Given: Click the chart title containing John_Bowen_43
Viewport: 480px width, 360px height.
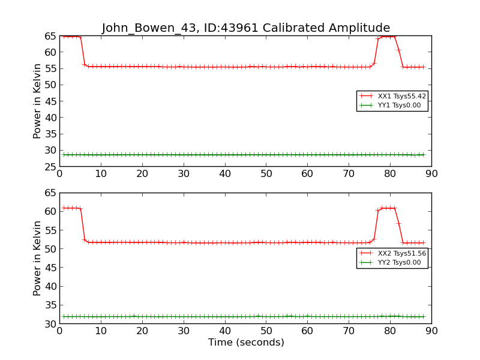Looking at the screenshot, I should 246,28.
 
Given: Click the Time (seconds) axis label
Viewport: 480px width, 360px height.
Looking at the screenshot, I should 246,343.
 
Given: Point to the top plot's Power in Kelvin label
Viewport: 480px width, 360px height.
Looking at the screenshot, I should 38,101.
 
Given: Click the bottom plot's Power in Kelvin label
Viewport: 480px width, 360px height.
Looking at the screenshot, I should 38,258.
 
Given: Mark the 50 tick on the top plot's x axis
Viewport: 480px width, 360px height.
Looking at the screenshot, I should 266,174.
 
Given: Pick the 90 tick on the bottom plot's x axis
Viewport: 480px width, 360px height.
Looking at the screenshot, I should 431,331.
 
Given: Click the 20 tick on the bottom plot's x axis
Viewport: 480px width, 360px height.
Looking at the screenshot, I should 142,331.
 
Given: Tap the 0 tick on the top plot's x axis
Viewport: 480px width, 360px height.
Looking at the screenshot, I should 59,174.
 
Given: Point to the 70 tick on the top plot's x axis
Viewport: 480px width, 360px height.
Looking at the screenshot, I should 349,174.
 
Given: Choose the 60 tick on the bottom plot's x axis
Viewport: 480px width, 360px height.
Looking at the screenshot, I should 307,331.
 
